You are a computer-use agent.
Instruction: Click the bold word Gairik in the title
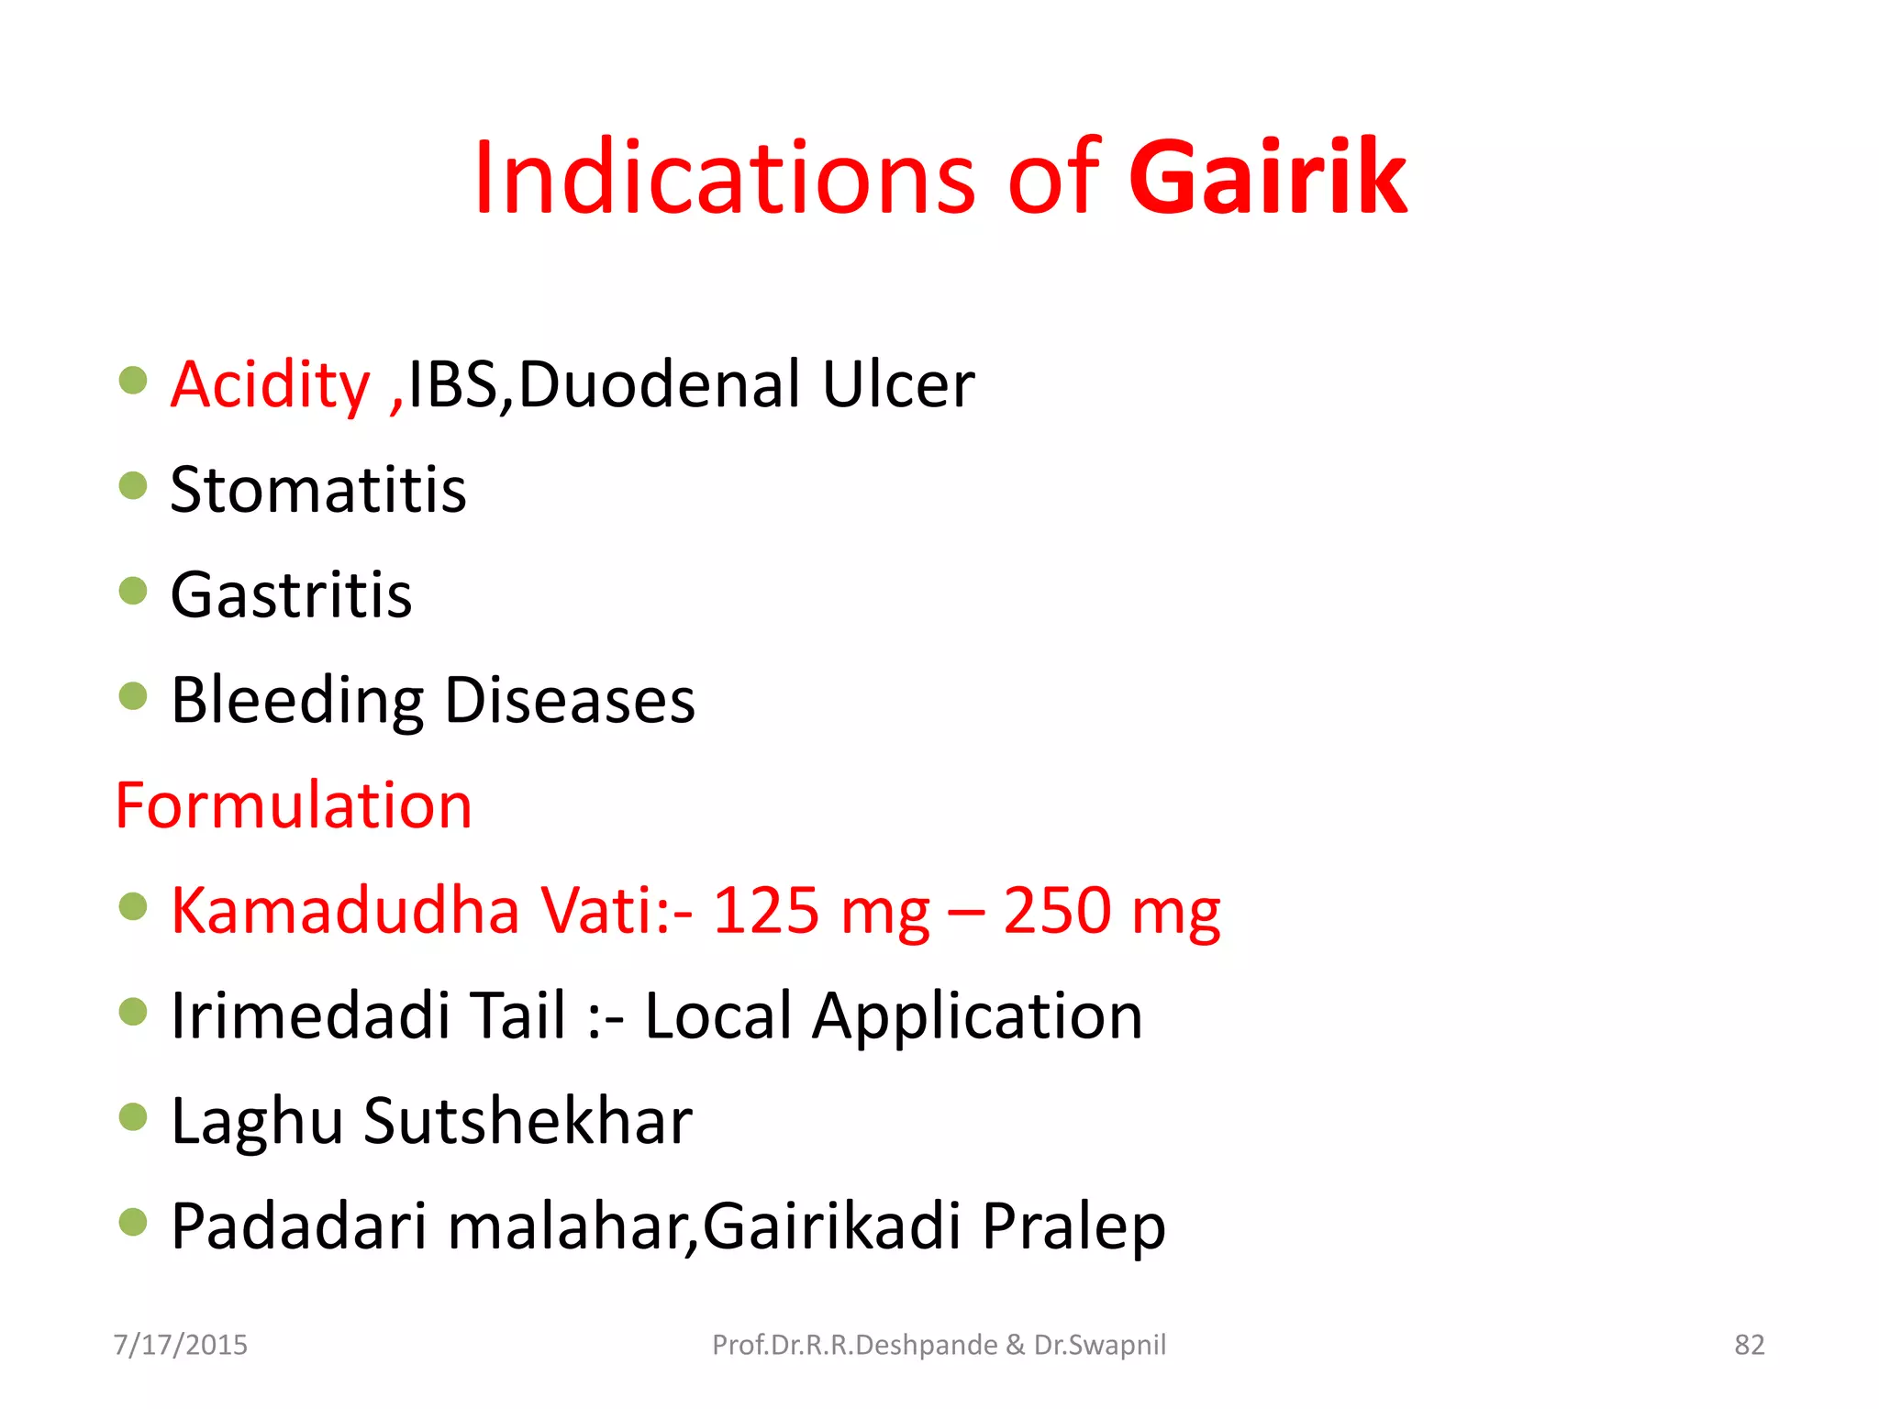pos(1267,177)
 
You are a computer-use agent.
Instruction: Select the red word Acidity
pos(270,384)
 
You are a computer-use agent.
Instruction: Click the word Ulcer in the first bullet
pos(897,384)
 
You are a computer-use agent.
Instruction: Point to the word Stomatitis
pos(318,490)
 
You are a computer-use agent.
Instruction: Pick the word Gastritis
pos(291,595)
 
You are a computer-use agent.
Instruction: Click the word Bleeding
pos(296,701)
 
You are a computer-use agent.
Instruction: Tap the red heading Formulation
pos(294,805)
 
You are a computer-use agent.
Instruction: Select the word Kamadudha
pos(345,911)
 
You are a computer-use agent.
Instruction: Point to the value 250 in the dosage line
pos(1057,911)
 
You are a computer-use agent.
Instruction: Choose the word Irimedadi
pos(310,1016)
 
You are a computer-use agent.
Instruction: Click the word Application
pos(977,1016)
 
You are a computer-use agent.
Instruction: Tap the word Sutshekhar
pos(528,1121)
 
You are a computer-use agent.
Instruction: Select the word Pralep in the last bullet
pos(1073,1226)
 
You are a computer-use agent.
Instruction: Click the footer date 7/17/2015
pos(181,1345)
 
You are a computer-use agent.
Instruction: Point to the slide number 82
pos(1749,1345)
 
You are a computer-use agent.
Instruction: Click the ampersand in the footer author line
pos(1015,1345)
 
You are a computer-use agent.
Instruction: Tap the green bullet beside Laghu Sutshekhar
pos(133,1116)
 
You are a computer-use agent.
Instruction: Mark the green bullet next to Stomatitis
pos(133,485)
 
